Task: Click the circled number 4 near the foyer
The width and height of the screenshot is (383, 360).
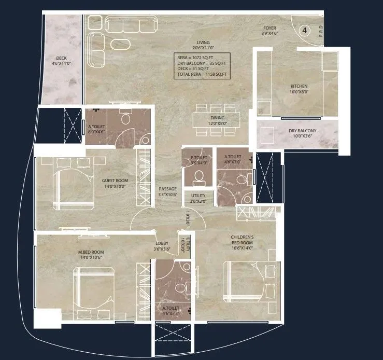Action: coord(305,31)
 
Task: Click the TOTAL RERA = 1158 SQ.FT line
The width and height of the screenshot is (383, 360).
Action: coord(202,75)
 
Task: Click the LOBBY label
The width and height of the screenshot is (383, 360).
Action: coord(162,245)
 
